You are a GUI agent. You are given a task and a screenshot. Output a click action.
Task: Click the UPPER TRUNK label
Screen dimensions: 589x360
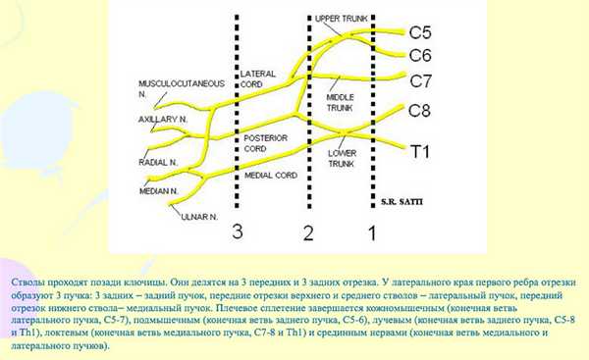[340, 19]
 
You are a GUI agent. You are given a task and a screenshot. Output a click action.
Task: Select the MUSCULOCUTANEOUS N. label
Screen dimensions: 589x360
[179, 86]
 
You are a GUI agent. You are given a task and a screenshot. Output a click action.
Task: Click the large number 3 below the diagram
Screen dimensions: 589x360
[236, 231]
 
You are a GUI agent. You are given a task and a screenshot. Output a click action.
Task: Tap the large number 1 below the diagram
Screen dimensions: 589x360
[370, 233]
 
